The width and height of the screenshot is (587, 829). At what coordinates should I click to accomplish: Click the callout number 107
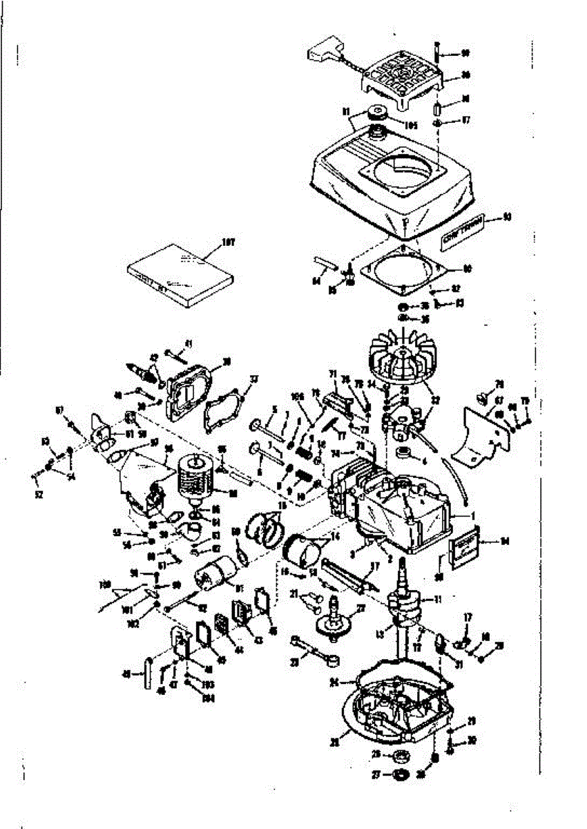[x=228, y=242]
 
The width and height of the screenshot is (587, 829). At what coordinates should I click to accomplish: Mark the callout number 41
[x=187, y=343]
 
